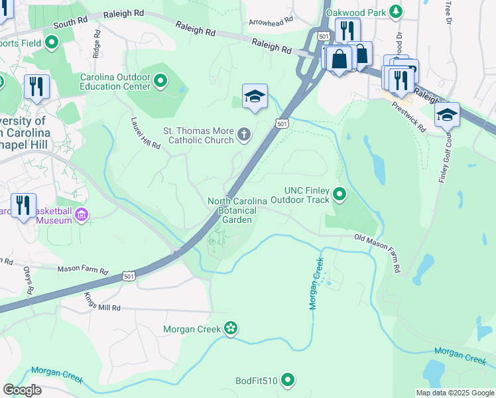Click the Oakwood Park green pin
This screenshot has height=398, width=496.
pyautogui.click(x=396, y=11)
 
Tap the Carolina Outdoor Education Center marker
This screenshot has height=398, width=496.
pyautogui.click(x=160, y=82)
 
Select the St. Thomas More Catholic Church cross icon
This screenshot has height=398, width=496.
pyautogui.click(x=244, y=135)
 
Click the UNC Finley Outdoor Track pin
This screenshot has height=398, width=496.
pyautogui.click(x=340, y=194)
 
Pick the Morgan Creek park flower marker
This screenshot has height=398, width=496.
pyautogui.click(x=230, y=328)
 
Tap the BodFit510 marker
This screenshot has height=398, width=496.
pyautogui.click(x=287, y=380)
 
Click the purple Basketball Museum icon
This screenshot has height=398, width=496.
pyautogui.click(x=82, y=214)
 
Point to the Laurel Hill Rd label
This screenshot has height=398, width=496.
pyautogui.click(x=146, y=133)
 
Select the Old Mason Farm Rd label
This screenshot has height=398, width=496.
pyautogui.click(x=378, y=253)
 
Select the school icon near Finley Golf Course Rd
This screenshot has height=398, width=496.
pyautogui.click(x=448, y=114)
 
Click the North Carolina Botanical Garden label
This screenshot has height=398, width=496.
pyautogui.click(x=237, y=210)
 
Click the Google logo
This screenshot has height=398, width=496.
pyautogui.click(x=23, y=390)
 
